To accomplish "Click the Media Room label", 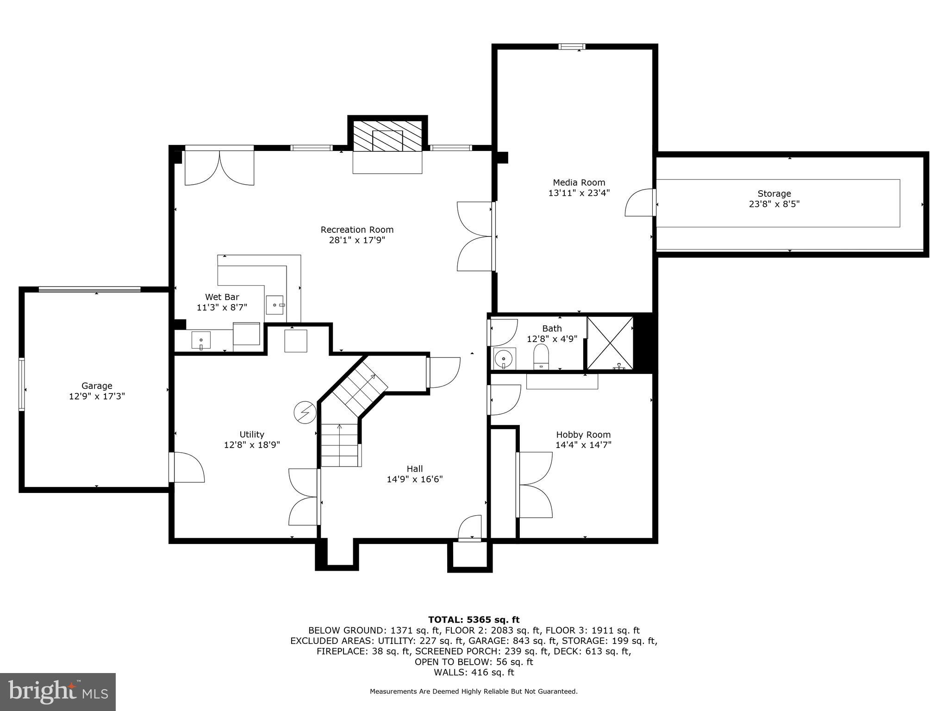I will pyautogui.click(x=579, y=182).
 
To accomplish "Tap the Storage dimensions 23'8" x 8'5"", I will pyautogui.click(x=774, y=204).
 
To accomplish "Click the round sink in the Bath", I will pyautogui.click(x=503, y=359).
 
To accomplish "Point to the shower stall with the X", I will pyautogui.click(x=610, y=343).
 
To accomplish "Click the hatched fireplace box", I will pyautogui.click(x=387, y=136).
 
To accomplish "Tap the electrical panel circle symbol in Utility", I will pyautogui.click(x=305, y=412).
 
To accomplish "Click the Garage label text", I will pyautogui.click(x=97, y=386).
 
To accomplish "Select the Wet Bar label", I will pyautogui.click(x=222, y=297).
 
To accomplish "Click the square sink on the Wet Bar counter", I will pyautogui.click(x=275, y=305).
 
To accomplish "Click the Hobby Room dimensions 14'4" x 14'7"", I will pyautogui.click(x=583, y=445).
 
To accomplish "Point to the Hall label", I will pyautogui.click(x=415, y=468).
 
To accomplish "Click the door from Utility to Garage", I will pyautogui.click(x=187, y=468).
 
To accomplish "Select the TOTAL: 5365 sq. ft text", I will pyautogui.click(x=474, y=619).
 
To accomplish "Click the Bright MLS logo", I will pyautogui.click(x=58, y=692).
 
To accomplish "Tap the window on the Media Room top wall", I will pyautogui.click(x=572, y=46).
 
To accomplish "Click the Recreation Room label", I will pyautogui.click(x=357, y=230).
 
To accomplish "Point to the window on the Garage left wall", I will pyautogui.click(x=22, y=384).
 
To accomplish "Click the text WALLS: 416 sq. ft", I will pyautogui.click(x=474, y=673).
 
